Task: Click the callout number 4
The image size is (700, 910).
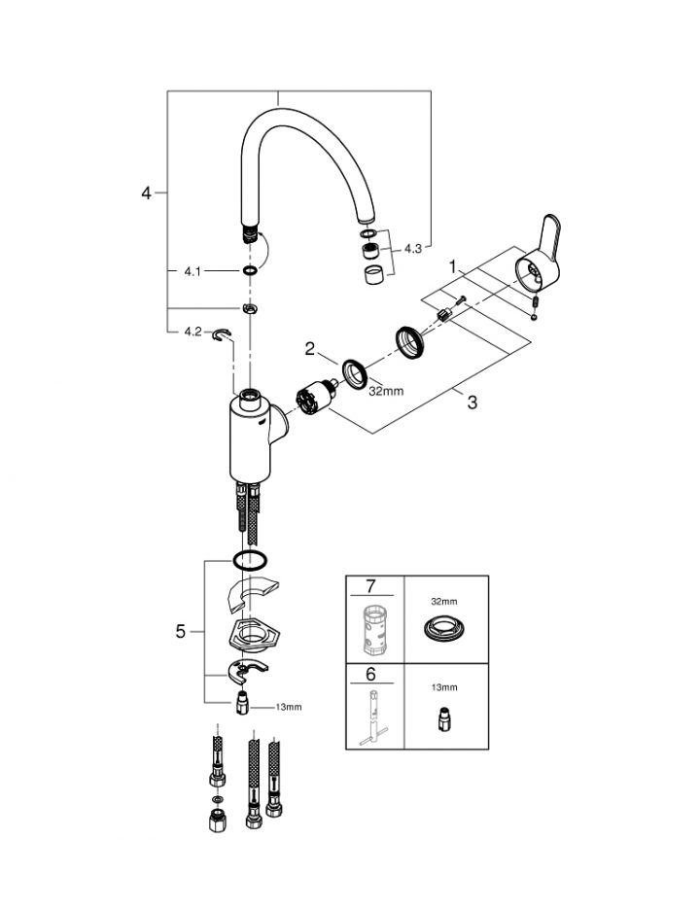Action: [x=146, y=192]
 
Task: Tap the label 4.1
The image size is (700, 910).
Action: [x=192, y=271]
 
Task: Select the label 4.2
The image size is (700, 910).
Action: [x=192, y=332]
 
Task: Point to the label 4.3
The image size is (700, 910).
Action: [x=412, y=248]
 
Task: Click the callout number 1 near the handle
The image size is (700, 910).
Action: [x=453, y=267]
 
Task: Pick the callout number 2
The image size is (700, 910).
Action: [x=310, y=349]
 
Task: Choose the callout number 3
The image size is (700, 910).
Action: [x=472, y=402]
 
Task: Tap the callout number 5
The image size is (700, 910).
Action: [x=181, y=631]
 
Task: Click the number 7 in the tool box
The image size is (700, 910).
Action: [x=370, y=586]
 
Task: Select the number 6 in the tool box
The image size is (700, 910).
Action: [x=370, y=674]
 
